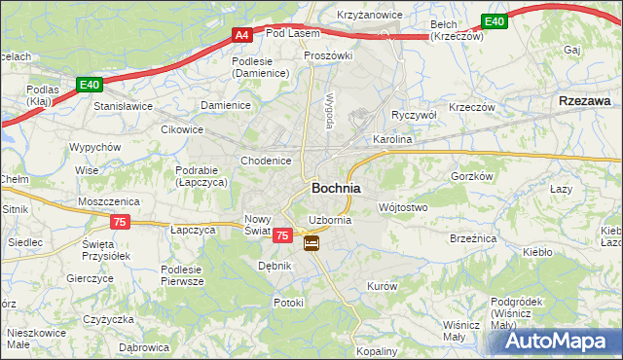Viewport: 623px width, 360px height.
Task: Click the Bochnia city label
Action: (x=336, y=188)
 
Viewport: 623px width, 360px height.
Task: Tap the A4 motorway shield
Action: (x=242, y=36)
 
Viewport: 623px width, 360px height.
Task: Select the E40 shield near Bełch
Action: (x=495, y=21)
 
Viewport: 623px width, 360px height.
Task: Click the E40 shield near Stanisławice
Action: (x=90, y=85)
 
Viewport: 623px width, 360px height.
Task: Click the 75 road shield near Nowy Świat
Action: (x=282, y=235)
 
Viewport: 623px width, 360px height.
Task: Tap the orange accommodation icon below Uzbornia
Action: (x=311, y=243)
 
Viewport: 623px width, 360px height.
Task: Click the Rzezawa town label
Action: (x=585, y=100)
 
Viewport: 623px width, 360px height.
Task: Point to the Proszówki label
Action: (x=326, y=56)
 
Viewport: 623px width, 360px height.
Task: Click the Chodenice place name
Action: (x=266, y=161)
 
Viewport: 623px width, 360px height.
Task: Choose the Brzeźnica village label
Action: (x=473, y=237)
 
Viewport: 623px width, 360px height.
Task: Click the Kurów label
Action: (x=382, y=286)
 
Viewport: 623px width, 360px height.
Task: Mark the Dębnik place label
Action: (x=275, y=265)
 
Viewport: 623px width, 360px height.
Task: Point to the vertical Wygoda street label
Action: (x=330, y=112)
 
